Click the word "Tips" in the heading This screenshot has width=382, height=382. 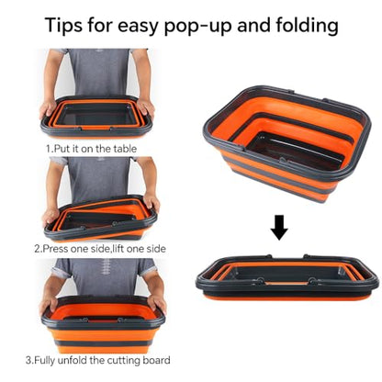point(63,25)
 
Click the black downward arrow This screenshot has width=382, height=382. point(279,228)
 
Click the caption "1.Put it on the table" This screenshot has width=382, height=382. point(91,149)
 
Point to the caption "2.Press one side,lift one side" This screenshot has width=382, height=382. point(100,248)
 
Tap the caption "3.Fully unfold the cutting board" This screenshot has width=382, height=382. point(98,360)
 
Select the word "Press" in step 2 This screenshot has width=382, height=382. point(55,248)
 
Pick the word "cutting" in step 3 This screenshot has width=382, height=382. point(124,360)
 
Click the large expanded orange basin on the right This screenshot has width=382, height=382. point(286,143)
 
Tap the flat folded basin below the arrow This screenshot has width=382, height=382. point(287,277)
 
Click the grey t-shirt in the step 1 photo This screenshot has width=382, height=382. point(99,73)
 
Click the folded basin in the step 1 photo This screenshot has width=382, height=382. point(97,116)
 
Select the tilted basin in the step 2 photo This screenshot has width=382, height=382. point(100,218)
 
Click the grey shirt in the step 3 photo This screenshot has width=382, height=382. point(104,277)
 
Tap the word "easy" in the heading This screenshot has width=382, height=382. point(138,26)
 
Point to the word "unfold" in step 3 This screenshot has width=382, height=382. point(73,360)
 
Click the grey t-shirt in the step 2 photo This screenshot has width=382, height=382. point(99,179)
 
